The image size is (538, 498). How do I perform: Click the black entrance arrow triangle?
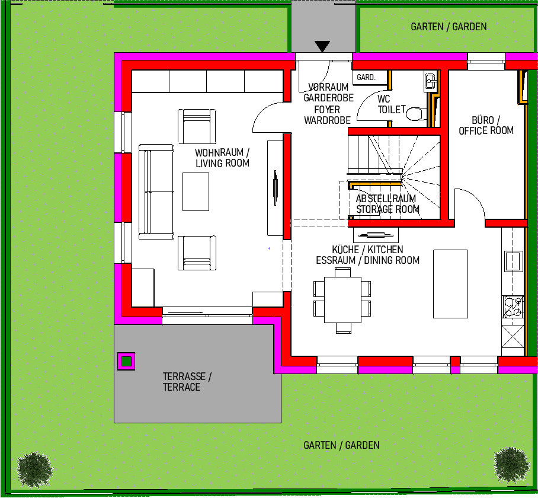pyautogui.click(x=322, y=46)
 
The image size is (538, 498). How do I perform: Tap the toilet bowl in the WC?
pyautogui.click(x=416, y=114)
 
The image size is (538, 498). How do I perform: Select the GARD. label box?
pyautogui.click(x=366, y=77)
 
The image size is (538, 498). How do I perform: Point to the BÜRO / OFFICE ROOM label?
pyautogui.click(x=486, y=125)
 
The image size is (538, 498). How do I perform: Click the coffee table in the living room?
pyautogui.click(x=196, y=191)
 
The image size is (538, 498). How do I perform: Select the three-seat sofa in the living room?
pyautogui.click(x=156, y=191)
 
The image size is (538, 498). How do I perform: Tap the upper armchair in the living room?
pyautogui.click(x=197, y=126)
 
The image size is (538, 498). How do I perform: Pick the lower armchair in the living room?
pyautogui.click(x=197, y=253)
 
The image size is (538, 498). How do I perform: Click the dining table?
pyautogui.click(x=342, y=299)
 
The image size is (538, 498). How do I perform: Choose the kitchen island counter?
pyautogui.click(x=450, y=284)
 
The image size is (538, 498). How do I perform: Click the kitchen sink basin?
pyautogui.click(x=513, y=261)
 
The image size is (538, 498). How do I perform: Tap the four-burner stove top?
pyautogui.click(x=513, y=307)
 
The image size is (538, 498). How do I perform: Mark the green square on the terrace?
pyautogui.click(x=126, y=361)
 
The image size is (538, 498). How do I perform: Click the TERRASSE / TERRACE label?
pyautogui.click(x=187, y=382)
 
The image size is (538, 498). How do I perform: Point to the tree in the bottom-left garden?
pyautogui.click(x=35, y=470)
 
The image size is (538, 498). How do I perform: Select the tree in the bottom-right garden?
pyautogui.click(x=511, y=465)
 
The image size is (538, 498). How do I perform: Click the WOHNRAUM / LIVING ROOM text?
pyautogui.click(x=222, y=158)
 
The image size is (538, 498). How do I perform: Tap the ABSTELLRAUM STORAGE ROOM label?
pyautogui.click(x=388, y=204)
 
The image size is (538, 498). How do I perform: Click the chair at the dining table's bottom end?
pyautogui.click(x=344, y=328)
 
